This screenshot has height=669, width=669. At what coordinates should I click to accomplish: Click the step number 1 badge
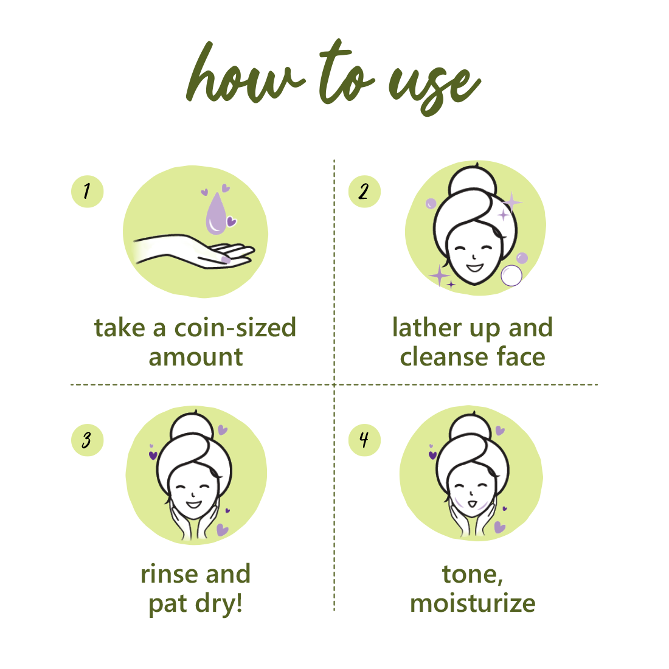click(87, 192)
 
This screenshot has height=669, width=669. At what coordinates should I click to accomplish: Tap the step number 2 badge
click(364, 192)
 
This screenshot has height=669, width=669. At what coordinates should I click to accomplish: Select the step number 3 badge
click(87, 440)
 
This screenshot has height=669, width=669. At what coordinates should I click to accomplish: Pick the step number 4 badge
click(364, 440)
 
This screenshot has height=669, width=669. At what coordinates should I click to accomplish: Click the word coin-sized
click(235, 328)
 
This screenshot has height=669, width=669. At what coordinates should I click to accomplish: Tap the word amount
click(195, 357)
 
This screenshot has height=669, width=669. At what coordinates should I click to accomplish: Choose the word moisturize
click(473, 603)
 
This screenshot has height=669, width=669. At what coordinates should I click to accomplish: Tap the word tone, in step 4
click(473, 574)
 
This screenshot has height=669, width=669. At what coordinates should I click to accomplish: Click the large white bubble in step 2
click(511, 276)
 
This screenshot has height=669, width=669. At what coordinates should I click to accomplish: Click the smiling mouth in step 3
click(193, 503)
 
